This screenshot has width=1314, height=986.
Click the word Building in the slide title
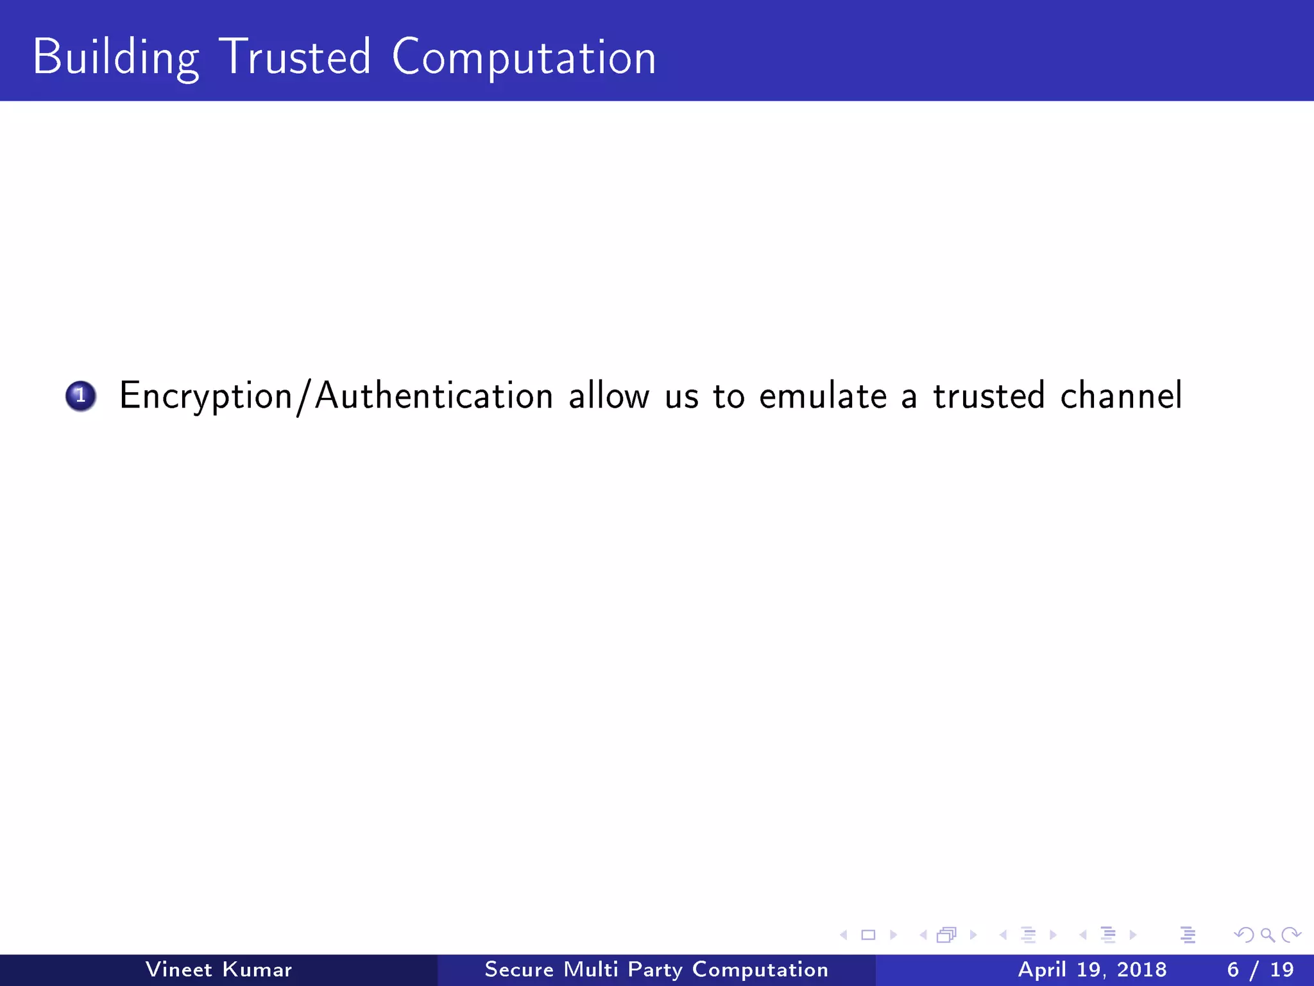pos(115,58)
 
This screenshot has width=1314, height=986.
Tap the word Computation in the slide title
pos(524,58)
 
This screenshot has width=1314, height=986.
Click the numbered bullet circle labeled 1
pos(81,395)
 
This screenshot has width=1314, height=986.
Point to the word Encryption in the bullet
pos(206,396)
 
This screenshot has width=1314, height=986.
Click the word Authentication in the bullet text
pos(434,395)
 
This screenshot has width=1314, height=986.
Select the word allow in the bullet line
pos(609,395)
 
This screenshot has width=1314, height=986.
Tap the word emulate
pos(823,395)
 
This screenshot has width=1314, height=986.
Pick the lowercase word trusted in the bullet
pos(989,395)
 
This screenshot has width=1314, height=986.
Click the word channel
pos(1121,395)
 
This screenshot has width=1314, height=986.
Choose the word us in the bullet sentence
pos(681,397)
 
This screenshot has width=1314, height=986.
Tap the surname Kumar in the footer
pos(257,969)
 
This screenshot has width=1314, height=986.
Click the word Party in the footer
pos(654,970)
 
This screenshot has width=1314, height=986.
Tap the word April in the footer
pos(1042,970)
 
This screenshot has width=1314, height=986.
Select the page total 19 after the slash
pos(1282,969)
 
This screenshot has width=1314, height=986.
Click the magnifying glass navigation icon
pos(1267,935)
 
